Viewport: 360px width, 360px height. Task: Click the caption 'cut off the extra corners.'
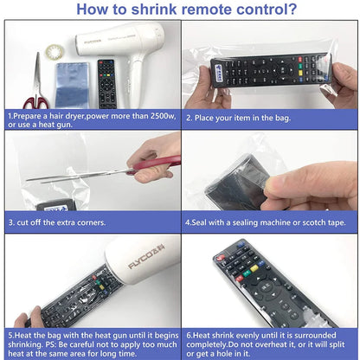57,222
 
